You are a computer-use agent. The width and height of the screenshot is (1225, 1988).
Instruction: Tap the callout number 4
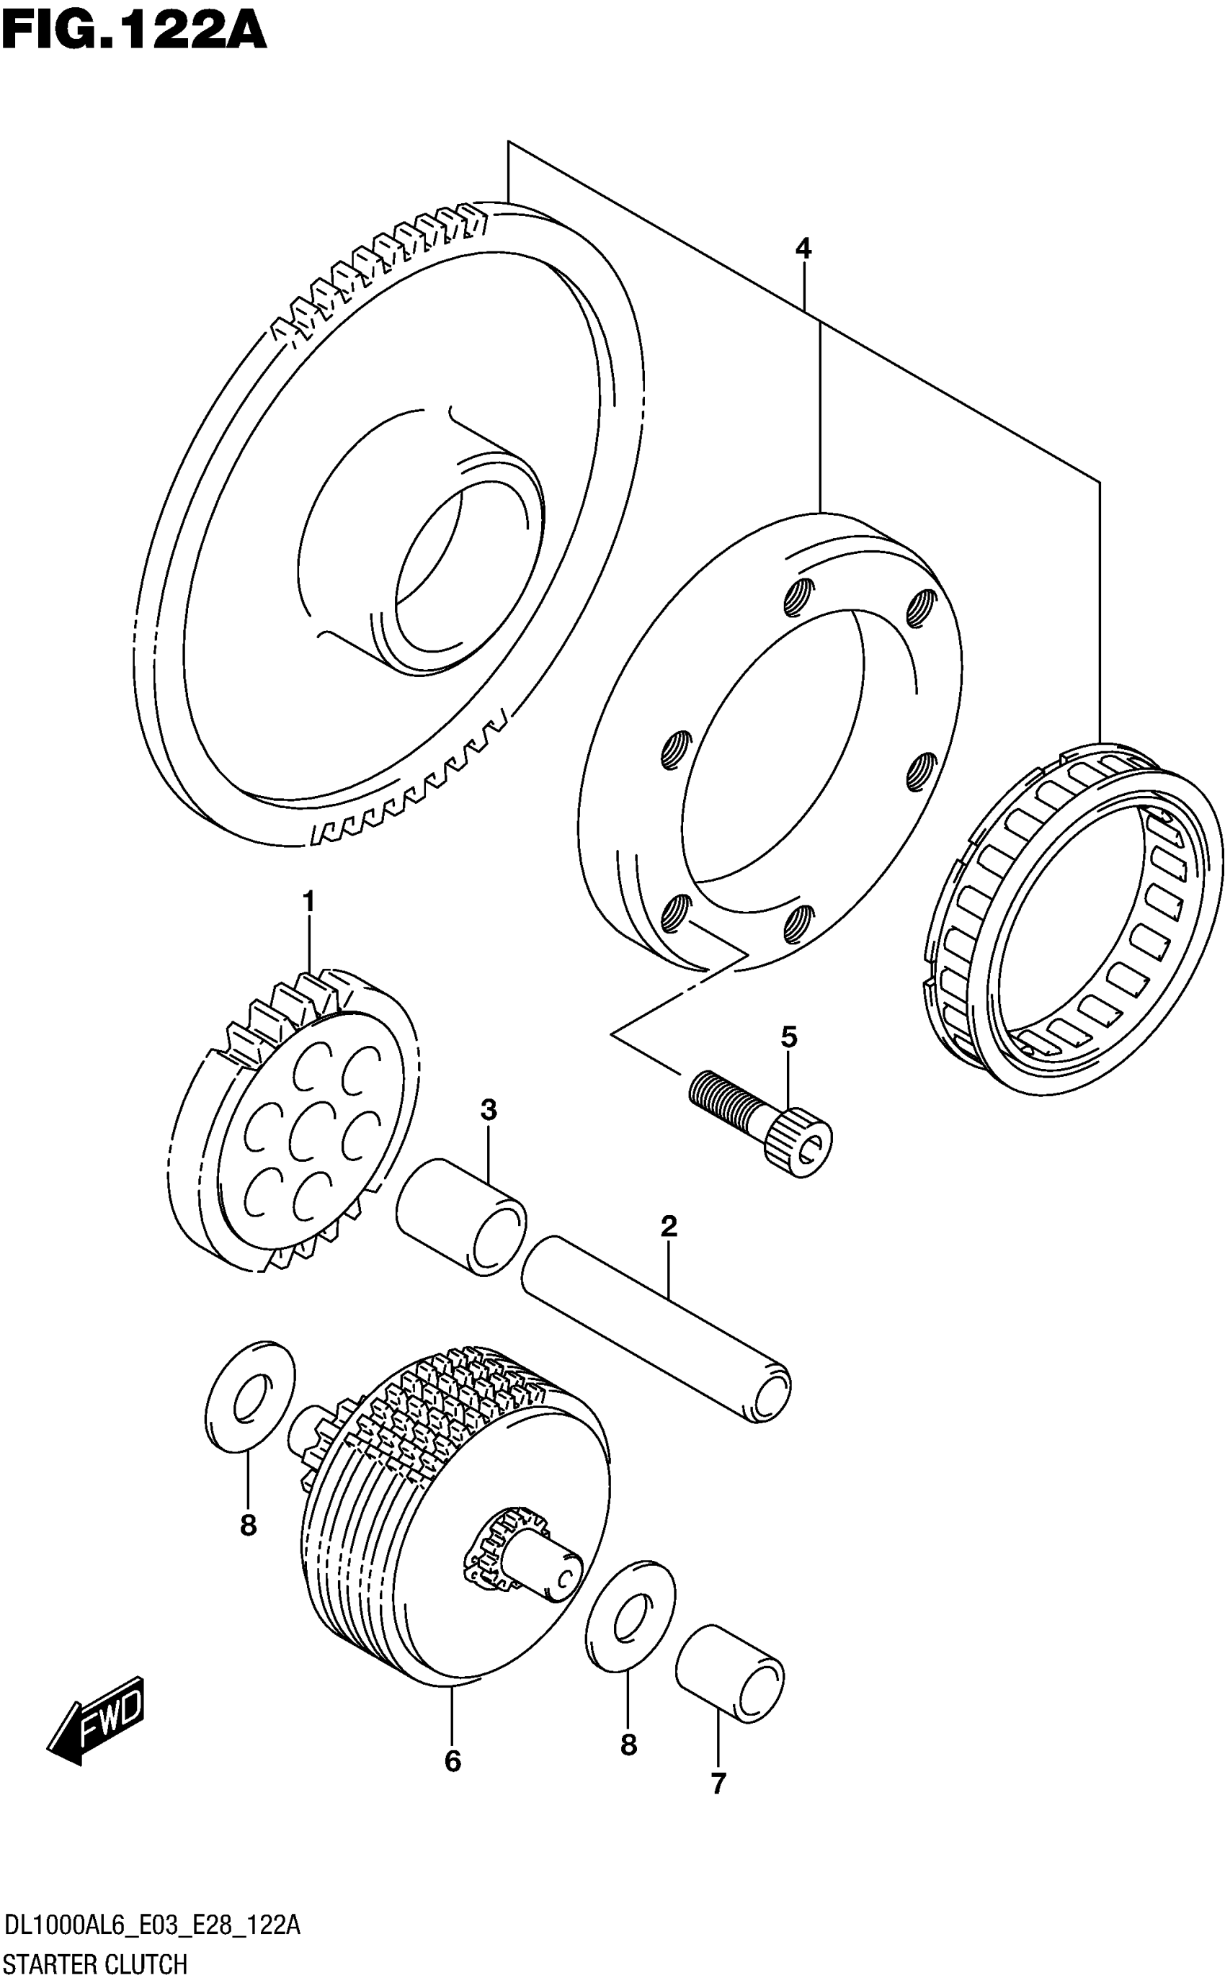point(803,248)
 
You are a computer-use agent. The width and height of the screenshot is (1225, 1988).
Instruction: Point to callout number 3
point(488,1109)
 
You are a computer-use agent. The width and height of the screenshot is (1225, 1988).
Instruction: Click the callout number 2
point(669,1226)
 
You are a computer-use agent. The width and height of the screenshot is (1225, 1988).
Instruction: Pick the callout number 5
point(789,1036)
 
